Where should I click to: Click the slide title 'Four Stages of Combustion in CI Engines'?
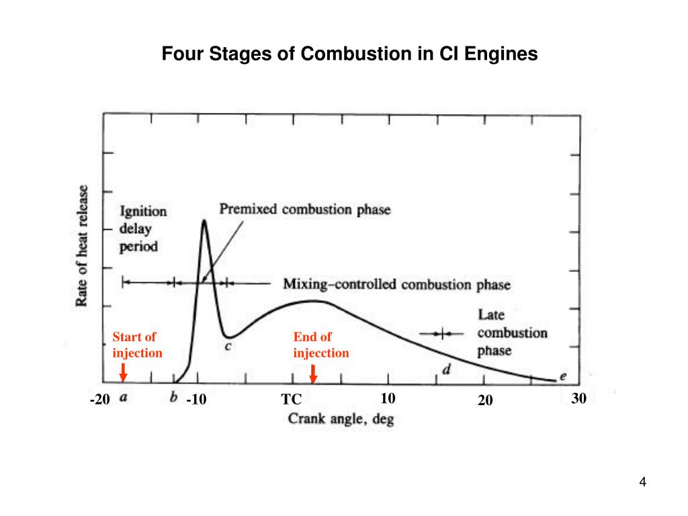349,54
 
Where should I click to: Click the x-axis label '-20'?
99,400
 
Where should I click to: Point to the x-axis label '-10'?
196,400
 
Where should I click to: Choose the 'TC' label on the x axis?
291,400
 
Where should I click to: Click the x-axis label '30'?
579,399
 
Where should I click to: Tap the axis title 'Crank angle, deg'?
341,420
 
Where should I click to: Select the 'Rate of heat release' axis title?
82,245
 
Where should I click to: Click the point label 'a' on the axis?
124,398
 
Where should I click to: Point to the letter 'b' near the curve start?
174,398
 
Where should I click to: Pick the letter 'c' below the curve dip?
228,347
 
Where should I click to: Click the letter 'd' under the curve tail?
445,369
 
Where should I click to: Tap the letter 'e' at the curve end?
562,376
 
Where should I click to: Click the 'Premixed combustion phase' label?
305,210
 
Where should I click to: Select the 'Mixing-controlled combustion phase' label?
396,284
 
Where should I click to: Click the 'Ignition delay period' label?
143,228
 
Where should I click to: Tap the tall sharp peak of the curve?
204,221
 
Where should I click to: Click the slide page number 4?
642,482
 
